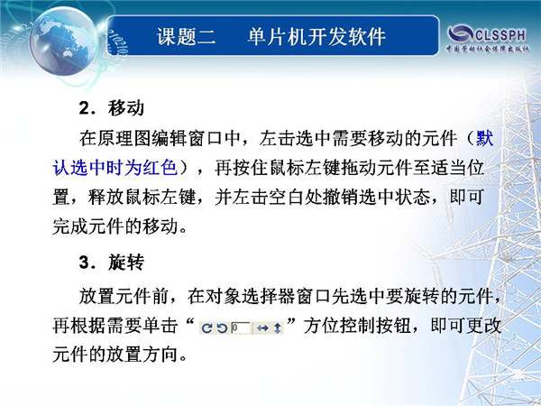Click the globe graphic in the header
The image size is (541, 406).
64,42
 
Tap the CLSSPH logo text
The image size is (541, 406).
500,35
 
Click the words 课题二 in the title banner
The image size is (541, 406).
186,36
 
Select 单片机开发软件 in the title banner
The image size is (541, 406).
316,36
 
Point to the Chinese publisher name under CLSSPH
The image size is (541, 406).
488,49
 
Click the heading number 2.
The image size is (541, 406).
85,108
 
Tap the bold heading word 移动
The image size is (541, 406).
125,108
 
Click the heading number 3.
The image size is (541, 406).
85,263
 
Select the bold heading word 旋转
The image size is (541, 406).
125,263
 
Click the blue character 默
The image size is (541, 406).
485,138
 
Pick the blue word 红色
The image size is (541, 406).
160,168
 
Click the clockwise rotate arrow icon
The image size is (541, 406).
206,328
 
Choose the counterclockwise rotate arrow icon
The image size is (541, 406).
222,328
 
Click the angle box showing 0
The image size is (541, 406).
241,328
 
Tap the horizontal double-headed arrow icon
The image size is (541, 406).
262,328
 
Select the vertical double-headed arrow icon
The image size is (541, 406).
278,328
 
